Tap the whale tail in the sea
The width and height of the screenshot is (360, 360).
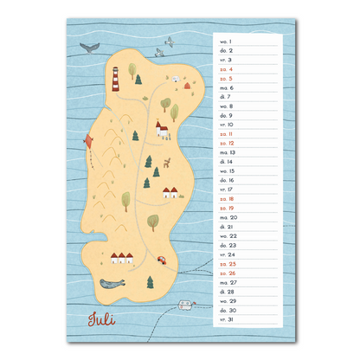point(87,48)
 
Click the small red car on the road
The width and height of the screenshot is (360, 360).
point(160,258)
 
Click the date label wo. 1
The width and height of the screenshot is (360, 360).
point(227,41)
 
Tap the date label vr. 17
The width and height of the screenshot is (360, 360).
point(227,190)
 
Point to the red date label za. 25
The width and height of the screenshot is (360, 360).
point(227,264)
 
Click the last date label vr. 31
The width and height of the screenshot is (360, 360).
point(227,319)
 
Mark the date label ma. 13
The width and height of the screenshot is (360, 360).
point(227,152)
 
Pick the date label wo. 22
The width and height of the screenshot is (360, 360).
point(227,235)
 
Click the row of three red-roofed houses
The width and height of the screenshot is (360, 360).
point(122,257)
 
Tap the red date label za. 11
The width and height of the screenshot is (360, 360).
point(227,134)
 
